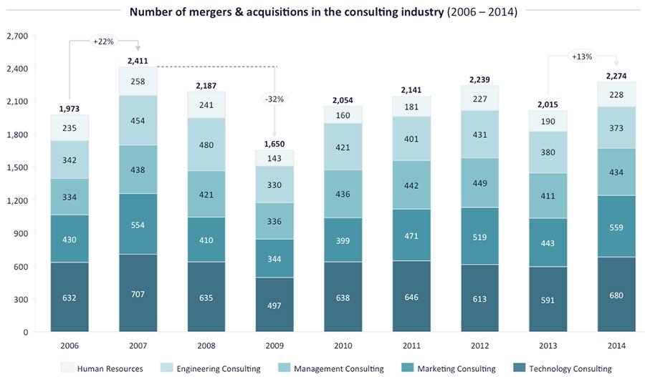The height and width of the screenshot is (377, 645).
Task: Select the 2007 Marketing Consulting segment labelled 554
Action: (x=138, y=224)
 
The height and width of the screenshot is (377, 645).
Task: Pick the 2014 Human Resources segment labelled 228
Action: (x=616, y=94)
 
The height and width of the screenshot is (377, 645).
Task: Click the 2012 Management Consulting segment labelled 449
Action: (x=479, y=182)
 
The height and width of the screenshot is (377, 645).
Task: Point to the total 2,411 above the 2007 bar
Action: (x=138, y=61)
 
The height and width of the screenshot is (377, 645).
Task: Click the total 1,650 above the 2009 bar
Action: (x=275, y=143)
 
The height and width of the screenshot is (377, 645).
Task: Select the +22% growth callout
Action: (x=104, y=41)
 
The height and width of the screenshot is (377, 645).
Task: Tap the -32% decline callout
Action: (x=274, y=99)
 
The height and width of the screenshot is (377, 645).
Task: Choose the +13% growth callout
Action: (x=581, y=56)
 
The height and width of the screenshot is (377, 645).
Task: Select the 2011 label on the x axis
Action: (x=411, y=346)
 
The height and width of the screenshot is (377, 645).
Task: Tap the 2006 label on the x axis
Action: (x=70, y=346)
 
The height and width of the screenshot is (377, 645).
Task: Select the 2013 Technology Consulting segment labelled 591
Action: (x=548, y=300)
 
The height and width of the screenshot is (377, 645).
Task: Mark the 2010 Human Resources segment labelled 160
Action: (x=343, y=114)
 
